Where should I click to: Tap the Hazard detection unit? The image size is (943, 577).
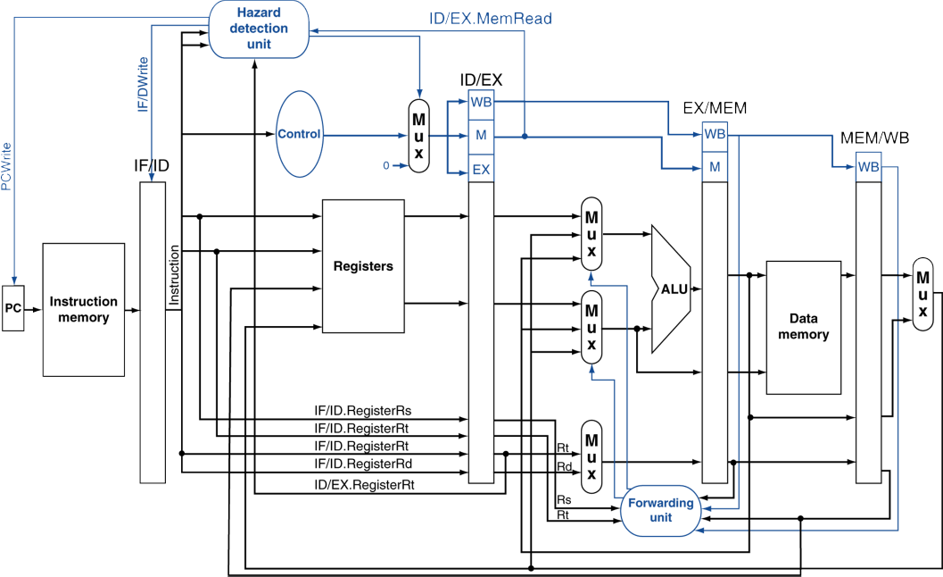259,29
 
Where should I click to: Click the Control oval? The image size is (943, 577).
299,134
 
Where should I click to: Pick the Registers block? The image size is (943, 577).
363,265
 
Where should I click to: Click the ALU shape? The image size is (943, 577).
672,288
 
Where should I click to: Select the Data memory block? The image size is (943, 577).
803,327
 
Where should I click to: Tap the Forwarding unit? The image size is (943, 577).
661,510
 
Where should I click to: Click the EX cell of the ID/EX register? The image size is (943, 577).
481,169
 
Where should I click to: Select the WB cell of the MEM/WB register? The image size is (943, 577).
869,167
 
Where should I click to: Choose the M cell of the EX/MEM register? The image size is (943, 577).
715,165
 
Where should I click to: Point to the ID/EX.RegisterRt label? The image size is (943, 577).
365,484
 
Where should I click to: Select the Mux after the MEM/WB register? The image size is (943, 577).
922,294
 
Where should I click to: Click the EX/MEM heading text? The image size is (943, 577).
715,108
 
